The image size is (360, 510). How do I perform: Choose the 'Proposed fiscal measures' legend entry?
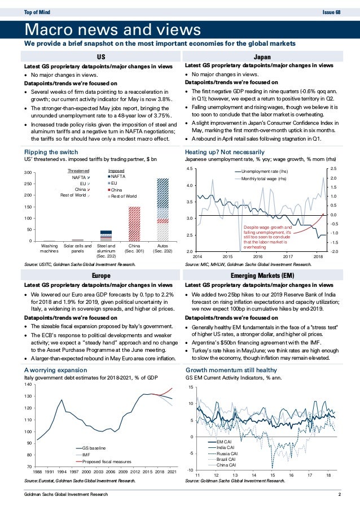tap(103, 461)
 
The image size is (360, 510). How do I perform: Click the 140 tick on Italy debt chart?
tap(27, 384)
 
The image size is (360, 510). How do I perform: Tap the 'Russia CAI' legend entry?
tap(225, 454)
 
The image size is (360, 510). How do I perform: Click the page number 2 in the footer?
tap(339, 495)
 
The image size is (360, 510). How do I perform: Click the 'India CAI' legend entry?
tap(224, 447)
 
